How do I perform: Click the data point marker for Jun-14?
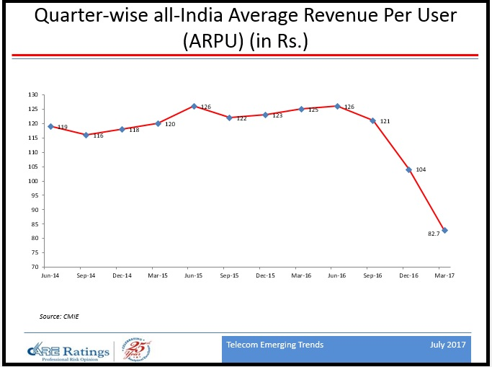point(50,126)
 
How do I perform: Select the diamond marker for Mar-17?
point(446,230)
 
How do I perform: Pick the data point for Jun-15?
point(194,106)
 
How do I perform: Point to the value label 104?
point(421,169)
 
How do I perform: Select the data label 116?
point(98,136)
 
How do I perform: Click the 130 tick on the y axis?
point(32,94)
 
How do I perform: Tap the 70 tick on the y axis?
point(34,267)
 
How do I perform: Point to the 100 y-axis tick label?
point(32,181)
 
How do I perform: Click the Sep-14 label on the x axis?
point(86,275)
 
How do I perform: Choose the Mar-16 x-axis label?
point(302,275)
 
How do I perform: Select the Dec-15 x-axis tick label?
point(266,275)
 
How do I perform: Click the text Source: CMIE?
point(59,316)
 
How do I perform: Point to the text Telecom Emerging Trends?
point(274,345)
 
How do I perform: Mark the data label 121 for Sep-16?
point(385,121)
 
